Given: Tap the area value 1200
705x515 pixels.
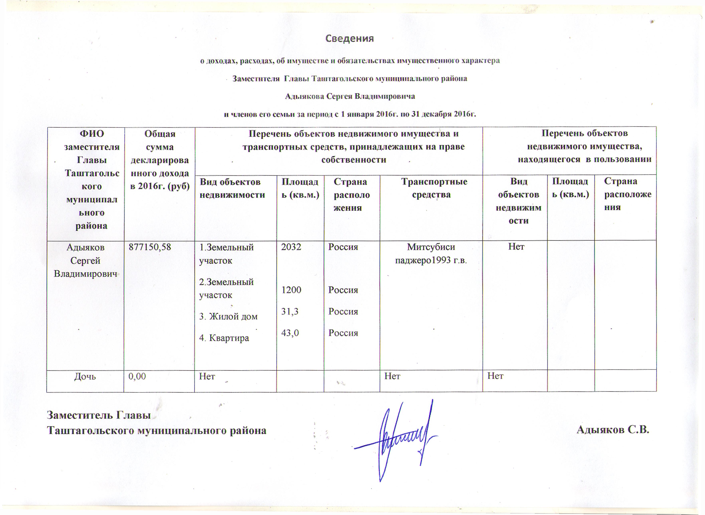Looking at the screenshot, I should [x=291, y=290].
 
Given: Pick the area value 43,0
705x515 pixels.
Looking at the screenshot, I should [x=290, y=333].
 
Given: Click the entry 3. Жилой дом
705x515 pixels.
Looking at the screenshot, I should [x=228, y=317].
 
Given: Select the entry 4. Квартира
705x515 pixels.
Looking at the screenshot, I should [x=224, y=338].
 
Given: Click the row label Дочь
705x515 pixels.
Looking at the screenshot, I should [x=85, y=376].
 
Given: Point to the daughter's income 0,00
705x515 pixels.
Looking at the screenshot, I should [x=137, y=376].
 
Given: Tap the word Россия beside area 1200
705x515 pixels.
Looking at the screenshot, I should [x=343, y=290].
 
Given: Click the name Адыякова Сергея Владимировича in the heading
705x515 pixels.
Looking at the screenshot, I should [x=350, y=96].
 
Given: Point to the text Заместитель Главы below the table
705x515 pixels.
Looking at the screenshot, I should [x=98, y=415].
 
